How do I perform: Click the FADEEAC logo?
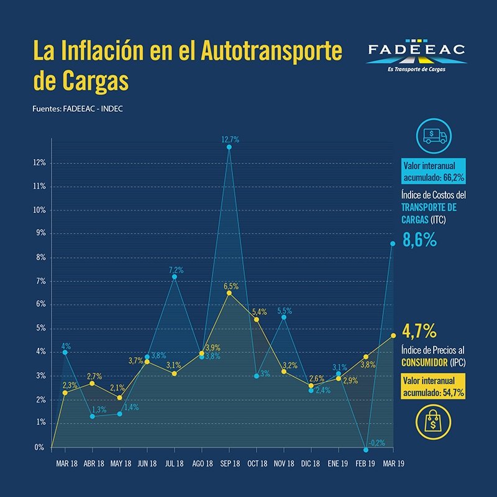click(x=416, y=56)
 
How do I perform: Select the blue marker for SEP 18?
click(x=229, y=147)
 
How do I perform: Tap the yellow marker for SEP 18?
click(x=229, y=293)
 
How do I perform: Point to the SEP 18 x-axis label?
click(x=229, y=463)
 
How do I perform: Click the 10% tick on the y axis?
click(x=39, y=210)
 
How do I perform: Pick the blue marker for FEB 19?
click(x=366, y=449)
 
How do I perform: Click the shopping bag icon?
click(x=432, y=423)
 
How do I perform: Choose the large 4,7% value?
click(x=420, y=329)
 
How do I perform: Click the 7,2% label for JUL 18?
click(x=176, y=270)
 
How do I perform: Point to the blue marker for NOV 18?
click(x=284, y=317)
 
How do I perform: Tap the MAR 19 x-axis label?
click(x=393, y=463)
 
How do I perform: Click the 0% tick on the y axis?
click(x=40, y=447)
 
